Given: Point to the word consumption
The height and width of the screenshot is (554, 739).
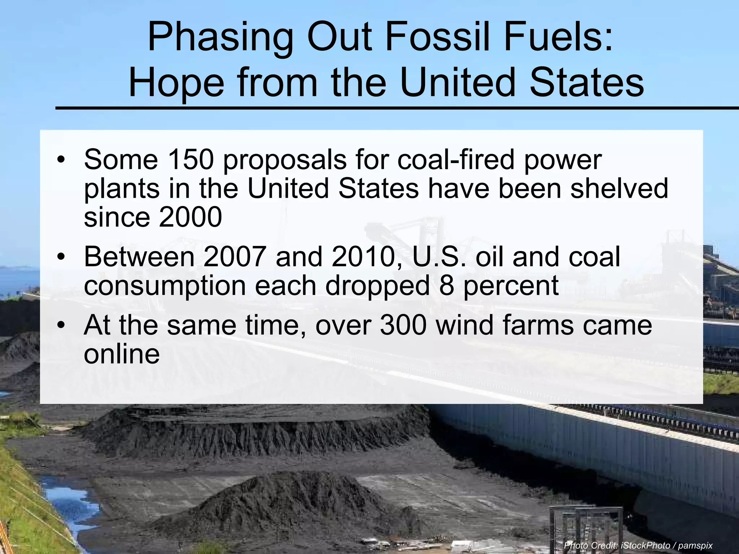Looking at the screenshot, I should coord(165,286).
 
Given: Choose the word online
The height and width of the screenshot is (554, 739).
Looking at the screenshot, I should coord(122,354).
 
